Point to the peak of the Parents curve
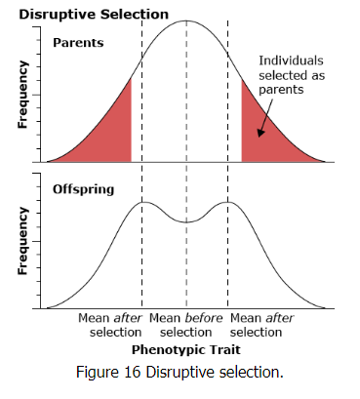[185, 21]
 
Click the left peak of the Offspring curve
[142, 202]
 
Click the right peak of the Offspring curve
[228, 202]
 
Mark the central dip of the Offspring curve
[185, 222]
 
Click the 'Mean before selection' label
[185, 326]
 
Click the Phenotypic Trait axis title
[185, 347]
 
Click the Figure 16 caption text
[180, 371]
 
